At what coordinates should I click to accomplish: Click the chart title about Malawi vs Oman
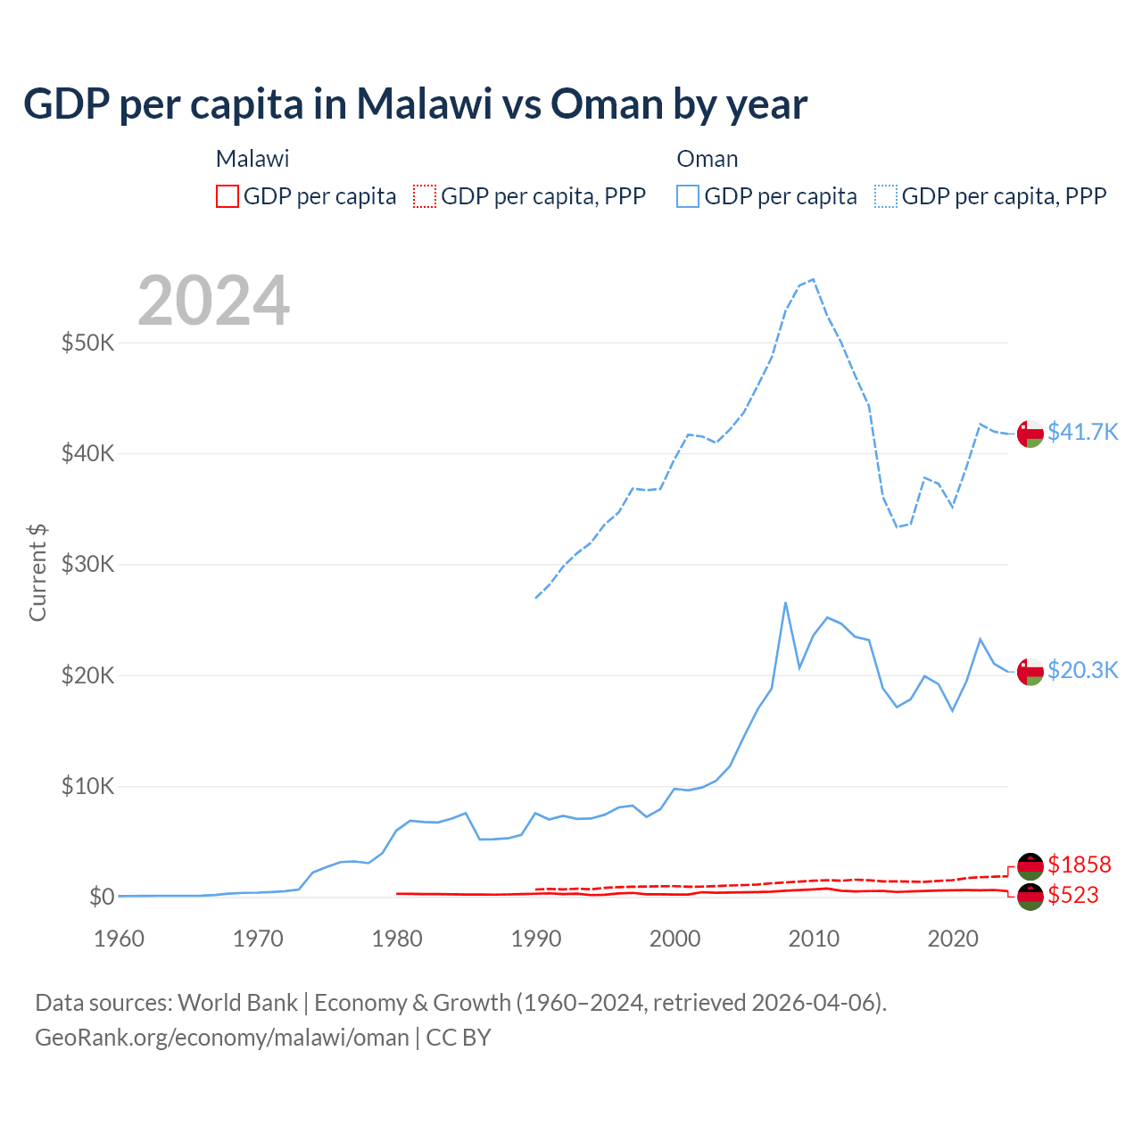pos(415,104)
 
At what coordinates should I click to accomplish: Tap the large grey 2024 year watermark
pos(214,301)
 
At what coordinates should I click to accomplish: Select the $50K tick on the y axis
pos(87,343)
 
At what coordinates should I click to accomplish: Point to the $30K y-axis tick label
pos(87,565)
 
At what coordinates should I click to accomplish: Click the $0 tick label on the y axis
pos(102,897)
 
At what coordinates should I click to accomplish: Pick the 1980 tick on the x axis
pos(397,939)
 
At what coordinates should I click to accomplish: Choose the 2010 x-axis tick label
pos(814,939)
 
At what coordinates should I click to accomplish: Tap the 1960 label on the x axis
pos(120,939)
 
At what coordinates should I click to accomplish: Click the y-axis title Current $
pos(37,572)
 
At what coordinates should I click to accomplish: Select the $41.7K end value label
pos(1082,432)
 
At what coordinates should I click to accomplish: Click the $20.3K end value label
pos(1082,670)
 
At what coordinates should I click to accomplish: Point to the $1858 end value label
pos(1079,865)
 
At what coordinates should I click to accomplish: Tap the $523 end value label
pos(1072,895)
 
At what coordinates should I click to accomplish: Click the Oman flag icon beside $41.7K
pos(1030,433)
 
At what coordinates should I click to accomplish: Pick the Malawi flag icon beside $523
pos(1030,897)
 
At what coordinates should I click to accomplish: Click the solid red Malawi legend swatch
pos(228,196)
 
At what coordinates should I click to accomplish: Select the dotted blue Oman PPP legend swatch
pos(886,196)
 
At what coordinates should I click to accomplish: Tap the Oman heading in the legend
pos(708,159)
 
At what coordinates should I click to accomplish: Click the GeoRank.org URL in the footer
pos(221,1038)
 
